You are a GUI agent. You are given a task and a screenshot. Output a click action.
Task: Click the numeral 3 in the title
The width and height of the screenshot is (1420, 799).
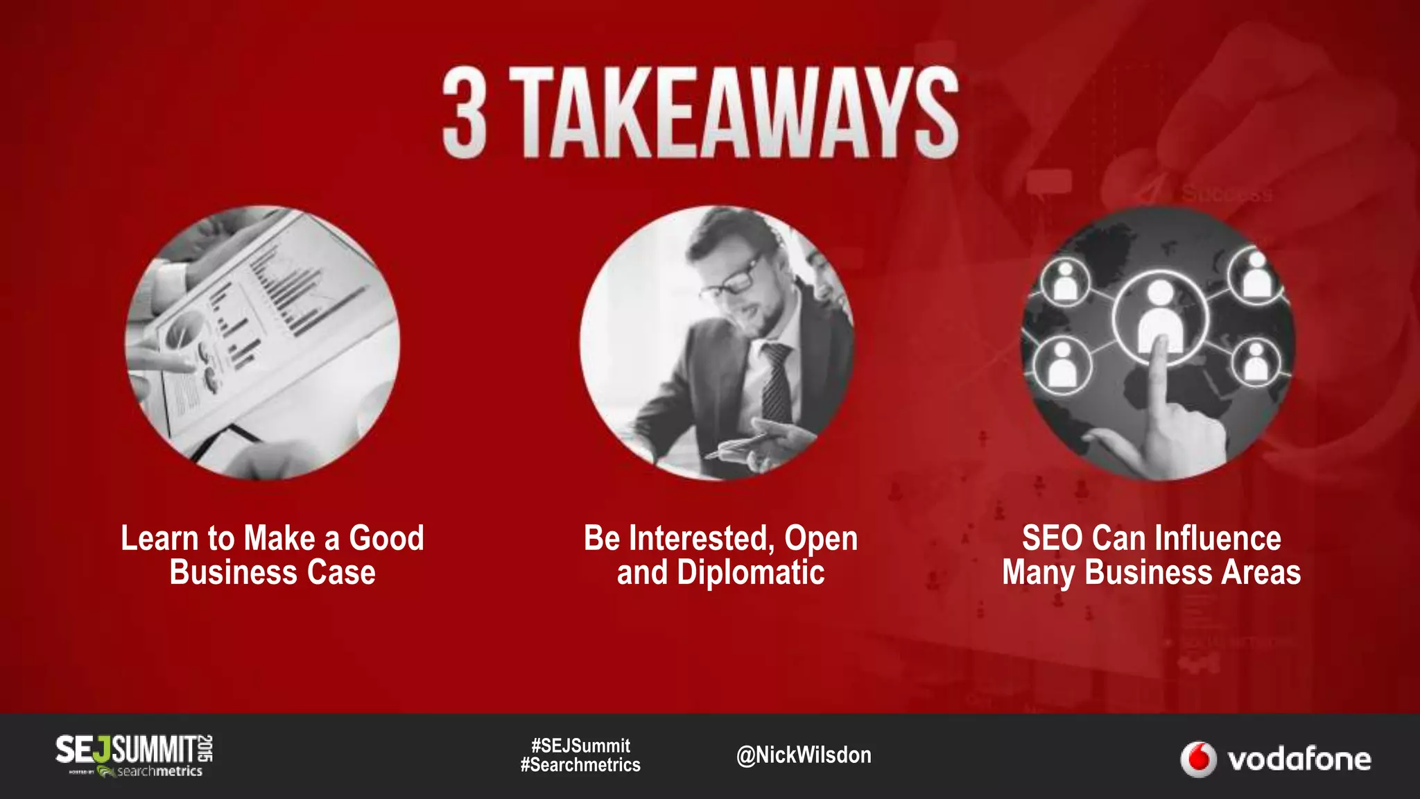(x=465, y=114)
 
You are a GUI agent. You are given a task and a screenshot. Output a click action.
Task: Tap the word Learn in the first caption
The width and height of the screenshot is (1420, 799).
(x=159, y=538)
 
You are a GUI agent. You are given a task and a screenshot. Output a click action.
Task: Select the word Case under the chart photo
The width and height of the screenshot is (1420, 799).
(x=341, y=573)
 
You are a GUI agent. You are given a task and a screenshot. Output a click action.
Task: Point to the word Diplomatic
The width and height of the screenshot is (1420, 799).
(x=750, y=573)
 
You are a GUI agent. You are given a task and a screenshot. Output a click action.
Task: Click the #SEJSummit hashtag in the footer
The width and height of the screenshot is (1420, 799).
(x=580, y=746)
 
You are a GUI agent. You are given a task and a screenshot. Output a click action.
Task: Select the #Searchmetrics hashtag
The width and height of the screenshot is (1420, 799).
(x=580, y=765)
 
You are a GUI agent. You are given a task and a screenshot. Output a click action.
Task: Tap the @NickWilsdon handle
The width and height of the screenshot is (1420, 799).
(x=804, y=755)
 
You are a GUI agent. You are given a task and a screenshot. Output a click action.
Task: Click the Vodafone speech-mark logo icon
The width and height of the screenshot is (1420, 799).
(x=1198, y=759)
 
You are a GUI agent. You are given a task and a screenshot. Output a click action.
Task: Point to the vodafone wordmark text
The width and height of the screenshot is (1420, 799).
(x=1299, y=759)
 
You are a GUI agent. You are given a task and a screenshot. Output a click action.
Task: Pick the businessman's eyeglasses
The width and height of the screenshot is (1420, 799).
(x=734, y=280)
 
